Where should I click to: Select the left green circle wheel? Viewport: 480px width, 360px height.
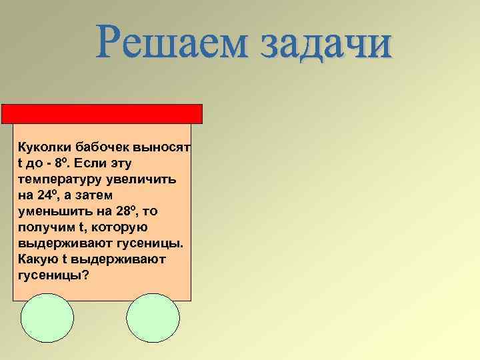click(x=47, y=318)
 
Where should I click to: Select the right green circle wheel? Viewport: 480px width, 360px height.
click(x=153, y=318)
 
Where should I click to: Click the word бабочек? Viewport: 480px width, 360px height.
click(x=99, y=147)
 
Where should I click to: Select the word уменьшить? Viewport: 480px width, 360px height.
click(x=51, y=211)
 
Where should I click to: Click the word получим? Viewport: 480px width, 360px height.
click(x=43, y=227)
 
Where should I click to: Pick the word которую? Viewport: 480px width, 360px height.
click(x=112, y=227)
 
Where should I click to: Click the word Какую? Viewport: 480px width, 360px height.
click(x=37, y=259)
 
